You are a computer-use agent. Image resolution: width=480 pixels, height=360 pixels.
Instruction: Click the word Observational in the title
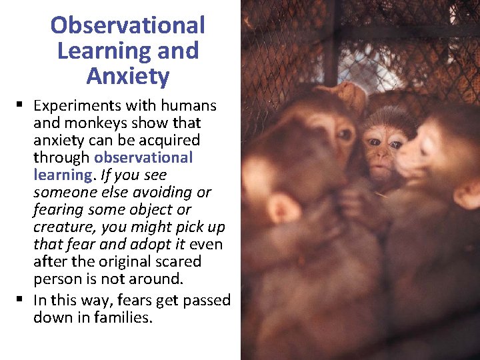[127, 26]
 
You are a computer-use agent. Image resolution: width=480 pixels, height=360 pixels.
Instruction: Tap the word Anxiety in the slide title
[127, 77]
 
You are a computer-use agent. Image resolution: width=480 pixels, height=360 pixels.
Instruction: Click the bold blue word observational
[143, 158]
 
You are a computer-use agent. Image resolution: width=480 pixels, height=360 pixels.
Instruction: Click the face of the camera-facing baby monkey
[381, 150]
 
